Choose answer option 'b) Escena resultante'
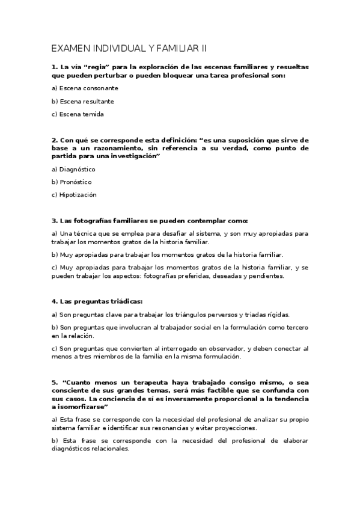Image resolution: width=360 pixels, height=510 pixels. (x=83, y=102)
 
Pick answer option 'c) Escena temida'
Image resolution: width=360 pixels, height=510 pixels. (x=78, y=114)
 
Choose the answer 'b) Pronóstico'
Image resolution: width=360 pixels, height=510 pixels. (x=73, y=182)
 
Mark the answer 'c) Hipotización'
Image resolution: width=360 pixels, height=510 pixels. (x=74, y=195)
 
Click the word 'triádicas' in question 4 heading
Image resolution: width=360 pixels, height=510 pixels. (x=124, y=301)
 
